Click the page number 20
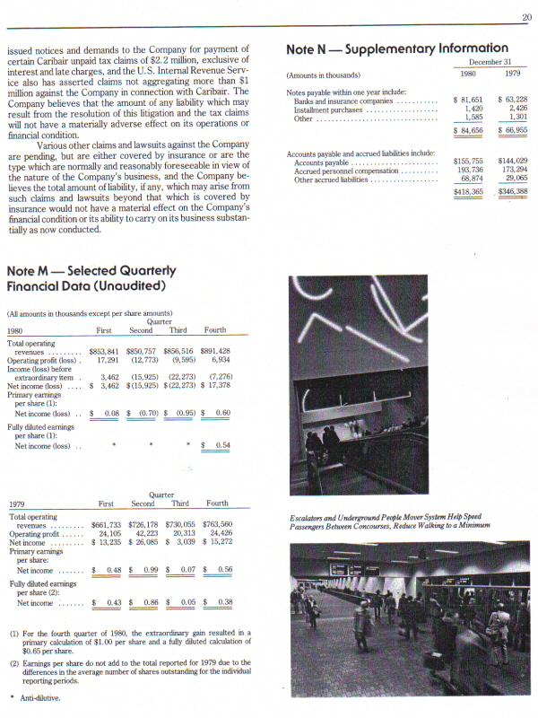[x=525, y=17]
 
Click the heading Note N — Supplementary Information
[x=396, y=48]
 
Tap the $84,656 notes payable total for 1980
[x=469, y=130]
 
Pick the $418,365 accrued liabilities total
[x=468, y=192]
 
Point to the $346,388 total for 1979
[x=512, y=192]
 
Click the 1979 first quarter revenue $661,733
[x=111, y=524]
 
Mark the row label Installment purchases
[x=327, y=109]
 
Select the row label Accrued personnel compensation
[x=345, y=171]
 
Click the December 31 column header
[x=490, y=63]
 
